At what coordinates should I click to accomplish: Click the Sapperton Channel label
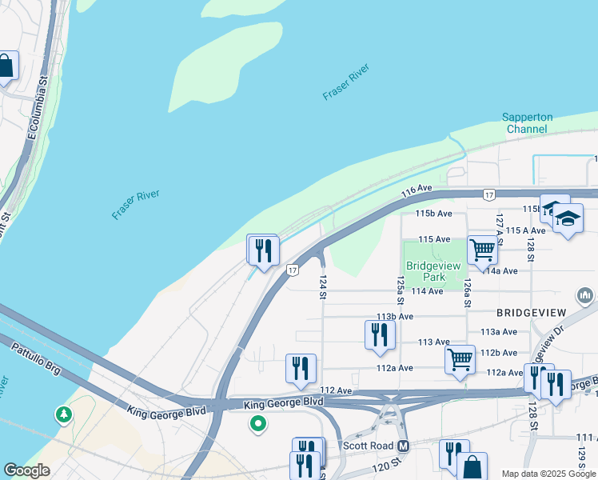(x=527, y=122)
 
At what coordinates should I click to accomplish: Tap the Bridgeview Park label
(x=433, y=271)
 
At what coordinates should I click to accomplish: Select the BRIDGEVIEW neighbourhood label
(x=532, y=312)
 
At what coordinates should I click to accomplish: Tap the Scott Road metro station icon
(x=404, y=446)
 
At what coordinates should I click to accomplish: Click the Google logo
(x=26, y=470)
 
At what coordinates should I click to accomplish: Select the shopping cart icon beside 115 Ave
(x=483, y=250)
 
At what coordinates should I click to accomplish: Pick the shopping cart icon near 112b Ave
(x=460, y=359)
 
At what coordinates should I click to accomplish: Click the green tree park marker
(x=63, y=414)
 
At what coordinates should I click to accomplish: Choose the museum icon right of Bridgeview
(x=586, y=297)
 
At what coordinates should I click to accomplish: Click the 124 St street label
(x=323, y=287)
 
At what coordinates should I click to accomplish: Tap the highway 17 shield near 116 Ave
(x=488, y=194)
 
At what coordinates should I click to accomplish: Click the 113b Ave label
(x=395, y=317)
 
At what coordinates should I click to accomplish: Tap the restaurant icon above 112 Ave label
(x=301, y=368)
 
